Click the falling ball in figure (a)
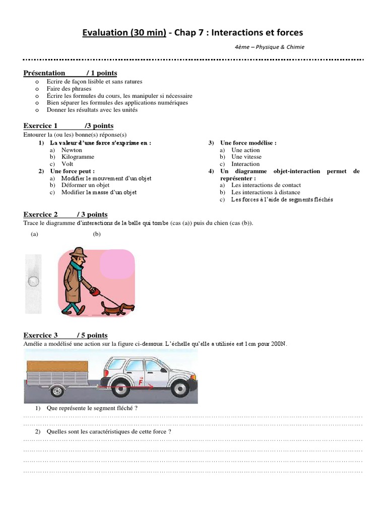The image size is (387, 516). point(33,281)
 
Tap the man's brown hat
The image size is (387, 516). point(78,252)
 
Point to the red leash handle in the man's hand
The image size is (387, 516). point(93,291)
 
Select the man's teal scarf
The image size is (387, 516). point(75,266)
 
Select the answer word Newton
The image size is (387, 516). point(72,150)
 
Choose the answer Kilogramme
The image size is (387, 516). point(78,157)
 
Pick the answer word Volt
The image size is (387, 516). point(68,164)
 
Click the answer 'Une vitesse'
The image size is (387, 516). point(246,157)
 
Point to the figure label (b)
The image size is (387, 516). point(97,234)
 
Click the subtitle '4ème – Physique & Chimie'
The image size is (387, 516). point(269,47)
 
